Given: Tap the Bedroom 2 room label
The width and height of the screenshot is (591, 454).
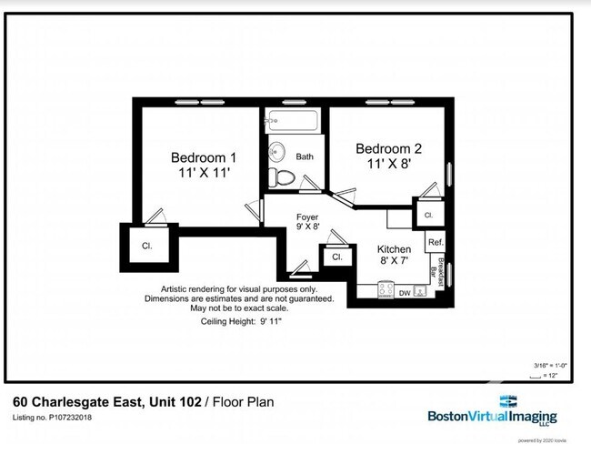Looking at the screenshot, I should click(388, 148).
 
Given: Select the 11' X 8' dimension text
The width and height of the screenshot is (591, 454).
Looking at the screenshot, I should click(388, 165).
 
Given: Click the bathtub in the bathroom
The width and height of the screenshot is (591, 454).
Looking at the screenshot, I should click(292, 120).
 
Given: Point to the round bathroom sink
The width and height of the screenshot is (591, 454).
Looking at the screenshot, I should click(277, 151).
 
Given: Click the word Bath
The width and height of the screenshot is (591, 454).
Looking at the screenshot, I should click(305, 156).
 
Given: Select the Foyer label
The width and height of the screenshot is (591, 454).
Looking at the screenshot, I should click(307, 217).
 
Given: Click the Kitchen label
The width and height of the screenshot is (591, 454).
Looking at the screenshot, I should click(395, 248).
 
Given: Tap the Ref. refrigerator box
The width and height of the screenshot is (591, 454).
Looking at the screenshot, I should click(436, 242).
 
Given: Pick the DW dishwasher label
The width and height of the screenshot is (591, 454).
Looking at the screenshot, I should click(405, 292).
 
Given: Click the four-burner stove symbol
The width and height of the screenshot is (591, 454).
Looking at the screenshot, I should click(386, 291).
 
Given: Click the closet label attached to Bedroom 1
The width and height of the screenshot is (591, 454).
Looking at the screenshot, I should click(145, 246).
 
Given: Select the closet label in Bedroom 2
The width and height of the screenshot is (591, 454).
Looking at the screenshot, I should click(427, 216).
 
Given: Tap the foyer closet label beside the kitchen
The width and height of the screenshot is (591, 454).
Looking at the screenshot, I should click(336, 257).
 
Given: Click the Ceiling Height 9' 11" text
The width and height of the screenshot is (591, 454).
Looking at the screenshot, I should click(241, 321).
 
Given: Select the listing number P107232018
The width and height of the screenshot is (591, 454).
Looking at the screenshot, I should click(52, 419).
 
